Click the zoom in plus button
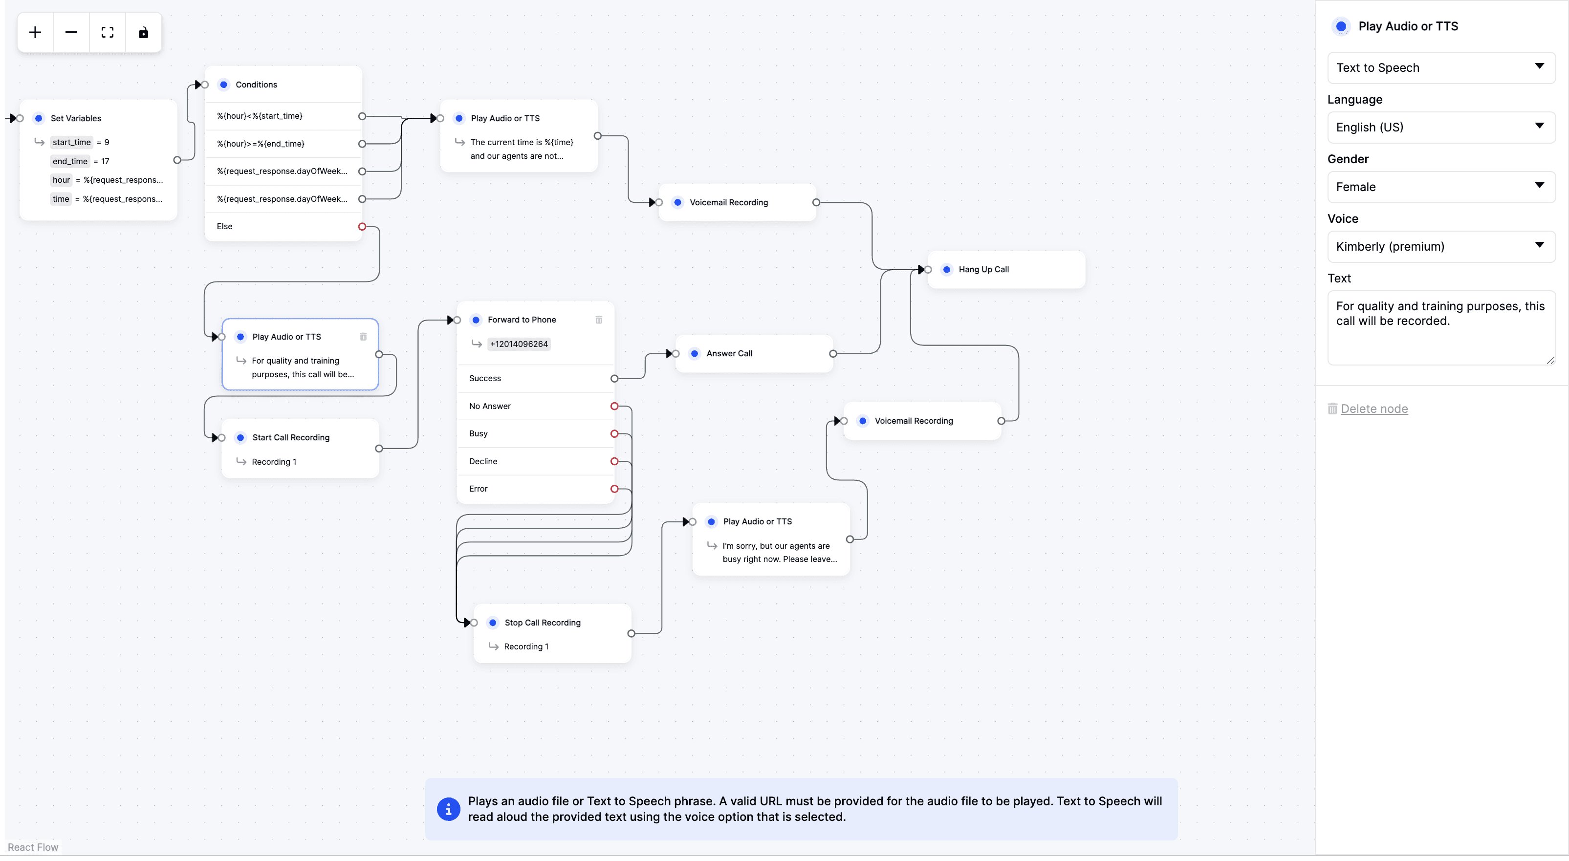[x=35, y=32]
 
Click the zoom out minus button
[x=71, y=32]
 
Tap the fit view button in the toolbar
[x=107, y=32]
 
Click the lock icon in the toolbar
[x=143, y=32]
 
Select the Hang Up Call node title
[x=983, y=269]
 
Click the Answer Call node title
[x=729, y=353]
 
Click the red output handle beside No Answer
[x=614, y=406]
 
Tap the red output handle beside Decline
[x=614, y=461]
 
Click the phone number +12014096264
[x=519, y=344]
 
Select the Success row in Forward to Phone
[x=535, y=378]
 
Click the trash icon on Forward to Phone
[x=599, y=320]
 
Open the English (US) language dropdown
[x=1441, y=127]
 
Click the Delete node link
[x=1374, y=409]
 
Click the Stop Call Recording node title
[x=542, y=623]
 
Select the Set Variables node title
[x=76, y=118]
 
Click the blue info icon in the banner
[x=448, y=809]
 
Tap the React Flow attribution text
[x=33, y=847]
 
